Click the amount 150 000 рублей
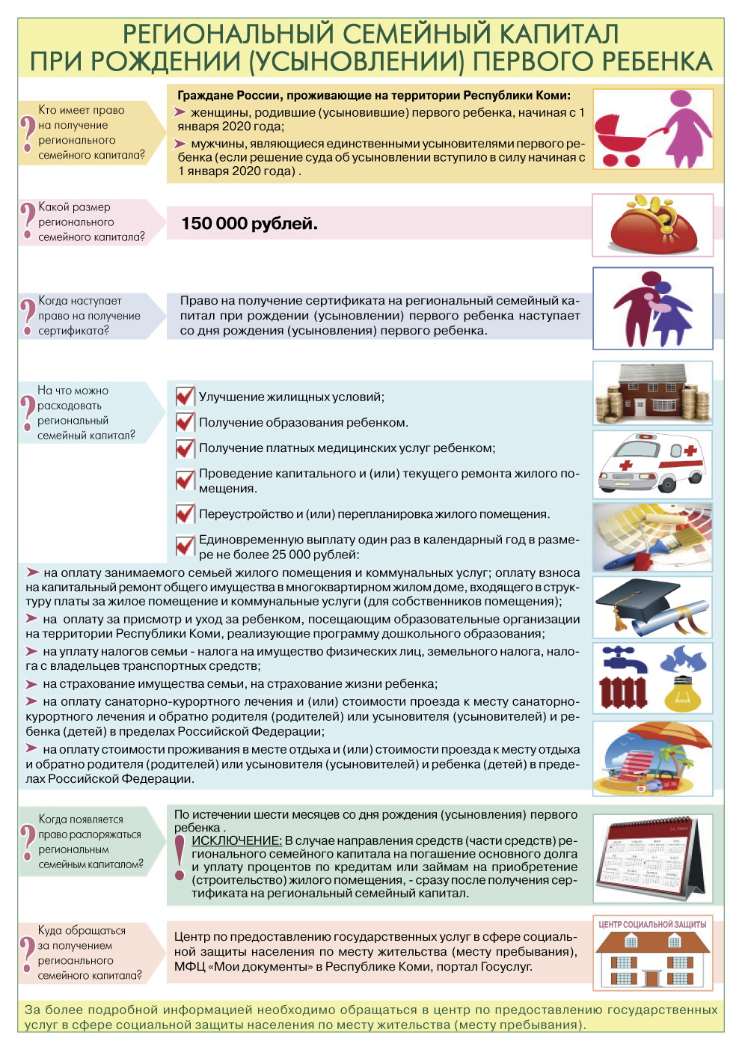(249, 224)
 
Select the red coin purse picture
(653, 225)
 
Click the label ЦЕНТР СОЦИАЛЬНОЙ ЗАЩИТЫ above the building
(652, 924)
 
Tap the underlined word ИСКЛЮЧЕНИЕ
(236, 840)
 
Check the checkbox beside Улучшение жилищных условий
(185, 396)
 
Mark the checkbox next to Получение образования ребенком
(185, 421)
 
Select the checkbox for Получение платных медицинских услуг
(185, 448)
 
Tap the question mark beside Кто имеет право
(28, 132)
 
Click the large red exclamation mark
(180, 858)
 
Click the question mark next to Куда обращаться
(28, 953)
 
